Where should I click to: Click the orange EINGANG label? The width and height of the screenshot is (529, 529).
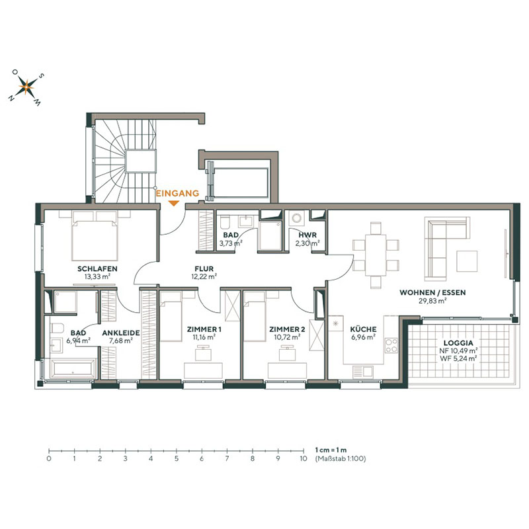point(177,193)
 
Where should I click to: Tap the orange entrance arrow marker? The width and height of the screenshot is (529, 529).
point(173,203)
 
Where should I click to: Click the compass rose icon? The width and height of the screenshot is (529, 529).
point(26,84)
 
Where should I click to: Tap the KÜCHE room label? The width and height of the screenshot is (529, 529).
point(364,329)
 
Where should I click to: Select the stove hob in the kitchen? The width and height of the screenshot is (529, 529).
point(390,345)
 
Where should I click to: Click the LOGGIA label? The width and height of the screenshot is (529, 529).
point(458,343)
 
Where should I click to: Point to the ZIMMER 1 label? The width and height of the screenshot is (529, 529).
point(205,329)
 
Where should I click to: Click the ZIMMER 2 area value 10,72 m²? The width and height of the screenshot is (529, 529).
point(287,337)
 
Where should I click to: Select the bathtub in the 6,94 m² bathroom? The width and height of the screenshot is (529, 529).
point(71,370)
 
